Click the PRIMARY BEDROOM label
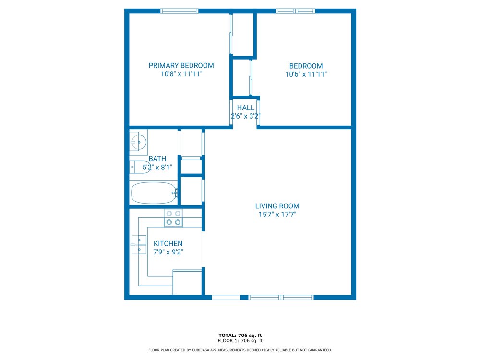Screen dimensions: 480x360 tap(181, 65)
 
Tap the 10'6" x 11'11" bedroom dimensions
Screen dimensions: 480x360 tap(306, 74)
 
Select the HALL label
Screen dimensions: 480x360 tap(245, 108)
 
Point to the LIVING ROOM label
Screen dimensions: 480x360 tap(277, 206)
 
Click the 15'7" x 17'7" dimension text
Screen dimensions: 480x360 tap(277, 214)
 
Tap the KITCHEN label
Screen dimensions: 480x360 tap(168, 244)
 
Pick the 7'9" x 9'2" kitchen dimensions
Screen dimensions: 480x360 tap(168, 252)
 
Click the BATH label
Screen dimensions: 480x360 tap(157, 159)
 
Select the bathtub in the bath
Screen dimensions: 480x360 tap(154, 193)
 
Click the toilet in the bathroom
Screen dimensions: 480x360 tap(140, 167)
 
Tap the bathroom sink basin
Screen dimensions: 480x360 tap(139, 142)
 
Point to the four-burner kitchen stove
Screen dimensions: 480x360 tap(173, 218)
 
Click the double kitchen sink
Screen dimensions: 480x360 tap(139, 245)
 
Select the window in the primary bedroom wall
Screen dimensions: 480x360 tap(180, 11)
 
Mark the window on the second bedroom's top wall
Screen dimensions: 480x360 tap(295, 11)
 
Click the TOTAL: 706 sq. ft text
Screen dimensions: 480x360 tap(240, 336)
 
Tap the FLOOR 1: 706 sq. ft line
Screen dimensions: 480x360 tap(240, 341)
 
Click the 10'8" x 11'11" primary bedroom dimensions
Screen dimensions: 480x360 tap(181, 74)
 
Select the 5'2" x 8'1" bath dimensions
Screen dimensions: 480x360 tap(157, 167)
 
